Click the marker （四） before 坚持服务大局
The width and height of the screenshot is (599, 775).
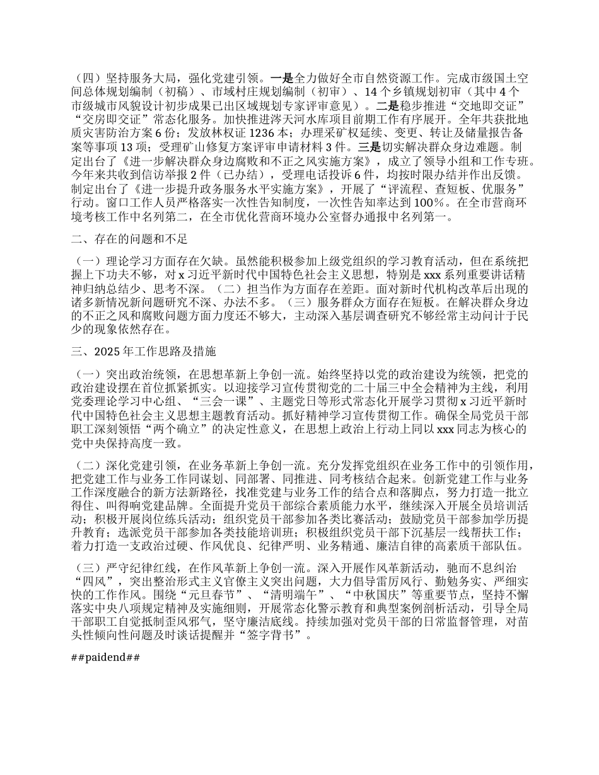(88, 78)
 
